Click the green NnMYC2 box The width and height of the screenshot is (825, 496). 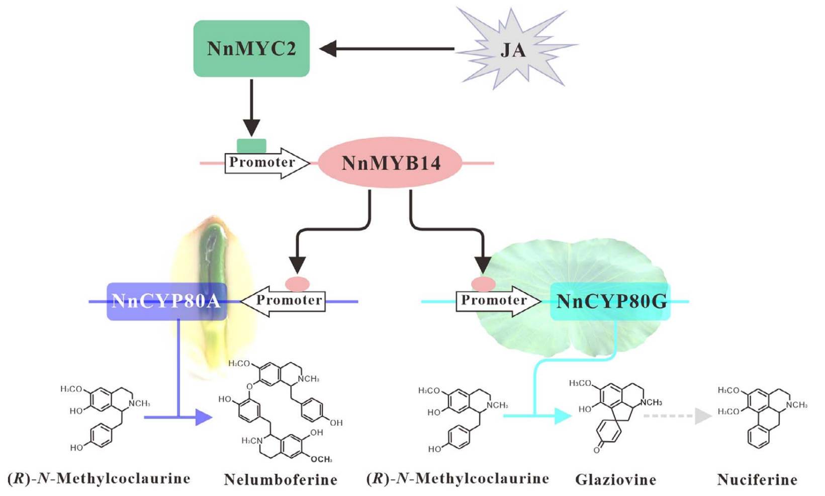pyautogui.click(x=251, y=48)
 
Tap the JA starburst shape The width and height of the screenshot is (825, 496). pyautogui.click(x=513, y=49)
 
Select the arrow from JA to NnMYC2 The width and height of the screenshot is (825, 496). pyautogui.click(x=387, y=49)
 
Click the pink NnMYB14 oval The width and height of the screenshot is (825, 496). pyautogui.click(x=391, y=162)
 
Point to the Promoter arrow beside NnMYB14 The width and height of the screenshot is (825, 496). pyautogui.click(x=266, y=162)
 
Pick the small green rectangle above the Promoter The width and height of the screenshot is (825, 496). pyautogui.click(x=251, y=145)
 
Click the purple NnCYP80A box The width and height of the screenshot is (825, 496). pyautogui.click(x=166, y=301)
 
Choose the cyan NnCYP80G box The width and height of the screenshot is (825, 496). pyautogui.click(x=610, y=301)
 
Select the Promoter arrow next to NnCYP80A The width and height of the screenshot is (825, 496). pyautogui.click(x=284, y=300)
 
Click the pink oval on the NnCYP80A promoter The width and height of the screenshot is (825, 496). pyautogui.click(x=297, y=284)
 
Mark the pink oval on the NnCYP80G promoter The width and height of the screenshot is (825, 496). pyautogui.click(x=483, y=284)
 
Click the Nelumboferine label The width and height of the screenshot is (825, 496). pyautogui.click(x=280, y=479)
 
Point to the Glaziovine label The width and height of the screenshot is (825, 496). pyautogui.click(x=615, y=479)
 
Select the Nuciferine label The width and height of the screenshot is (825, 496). pyautogui.click(x=757, y=479)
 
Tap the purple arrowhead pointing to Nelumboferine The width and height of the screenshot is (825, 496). pyautogui.click(x=204, y=417)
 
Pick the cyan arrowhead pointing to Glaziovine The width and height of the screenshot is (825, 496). pyautogui.click(x=563, y=416)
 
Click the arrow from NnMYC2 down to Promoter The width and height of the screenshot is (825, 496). pyautogui.click(x=251, y=108)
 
